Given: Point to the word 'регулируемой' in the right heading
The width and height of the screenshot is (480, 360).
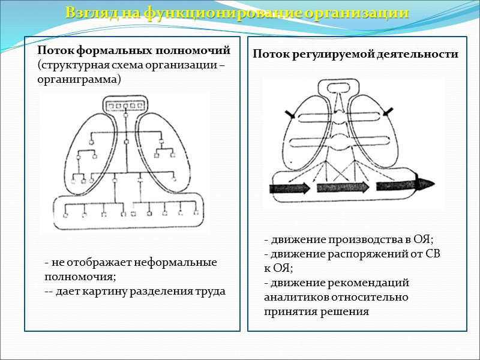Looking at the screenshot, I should click(x=337, y=54).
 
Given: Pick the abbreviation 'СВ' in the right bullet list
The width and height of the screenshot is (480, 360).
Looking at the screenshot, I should click(x=433, y=254).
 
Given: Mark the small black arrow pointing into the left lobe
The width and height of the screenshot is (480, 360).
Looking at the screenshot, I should click(x=291, y=114).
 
